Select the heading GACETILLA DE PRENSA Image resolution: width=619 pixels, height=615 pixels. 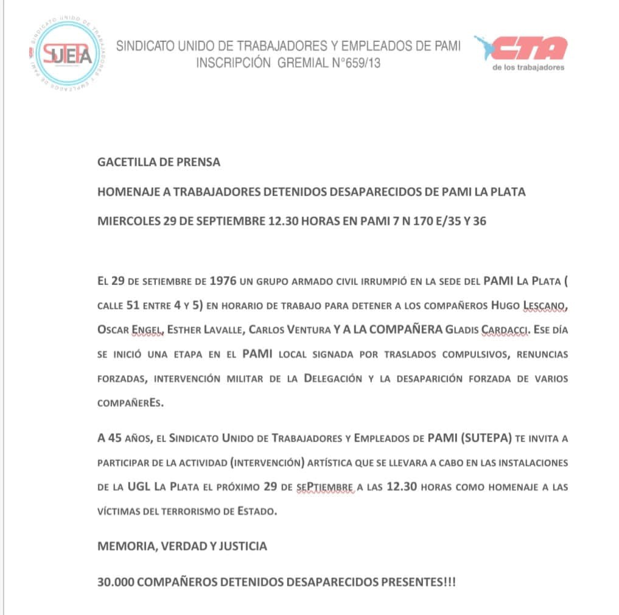click(x=159, y=163)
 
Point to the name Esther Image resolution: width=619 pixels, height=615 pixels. click(x=187, y=330)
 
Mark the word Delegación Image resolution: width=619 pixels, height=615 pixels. click(x=337, y=378)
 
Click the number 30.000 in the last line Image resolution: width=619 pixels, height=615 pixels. click(x=116, y=582)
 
